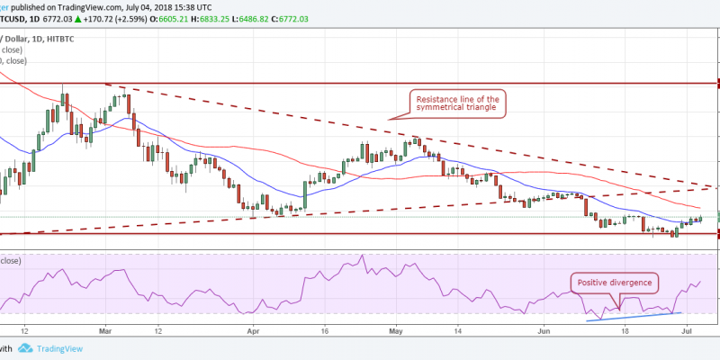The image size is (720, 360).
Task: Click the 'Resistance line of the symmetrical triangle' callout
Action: pyautogui.click(x=457, y=103)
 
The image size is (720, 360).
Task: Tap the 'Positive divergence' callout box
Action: pyautogui.click(x=615, y=282)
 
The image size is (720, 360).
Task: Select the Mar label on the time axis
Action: pyautogui.click(x=107, y=330)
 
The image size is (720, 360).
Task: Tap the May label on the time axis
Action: pyautogui.click(x=395, y=330)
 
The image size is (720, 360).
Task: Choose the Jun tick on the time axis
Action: pyautogui.click(x=544, y=330)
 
